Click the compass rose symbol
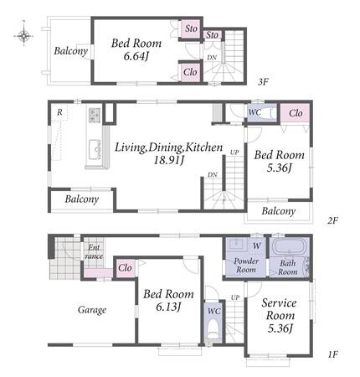(x=24, y=35)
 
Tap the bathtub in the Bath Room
(x=290, y=246)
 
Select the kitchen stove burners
(x=94, y=115)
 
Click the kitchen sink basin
(x=95, y=149)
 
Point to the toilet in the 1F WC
(x=213, y=329)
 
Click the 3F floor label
(x=263, y=82)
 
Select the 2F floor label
(x=332, y=221)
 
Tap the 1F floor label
(x=332, y=354)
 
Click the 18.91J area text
(x=169, y=160)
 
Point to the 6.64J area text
(x=136, y=56)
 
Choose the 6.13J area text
(x=168, y=307)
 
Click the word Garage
(x=92, y=310)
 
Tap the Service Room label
(x=280, y=309)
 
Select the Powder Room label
(x=245, y=266)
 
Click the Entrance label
(x=94, y=251)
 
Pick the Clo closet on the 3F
(x=190, y=72)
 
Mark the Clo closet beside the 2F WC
(x=296, y=113)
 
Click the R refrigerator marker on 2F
(x=59, y=112)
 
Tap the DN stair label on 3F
(x=212, y=58)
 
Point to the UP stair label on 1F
(x=235, y=297)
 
